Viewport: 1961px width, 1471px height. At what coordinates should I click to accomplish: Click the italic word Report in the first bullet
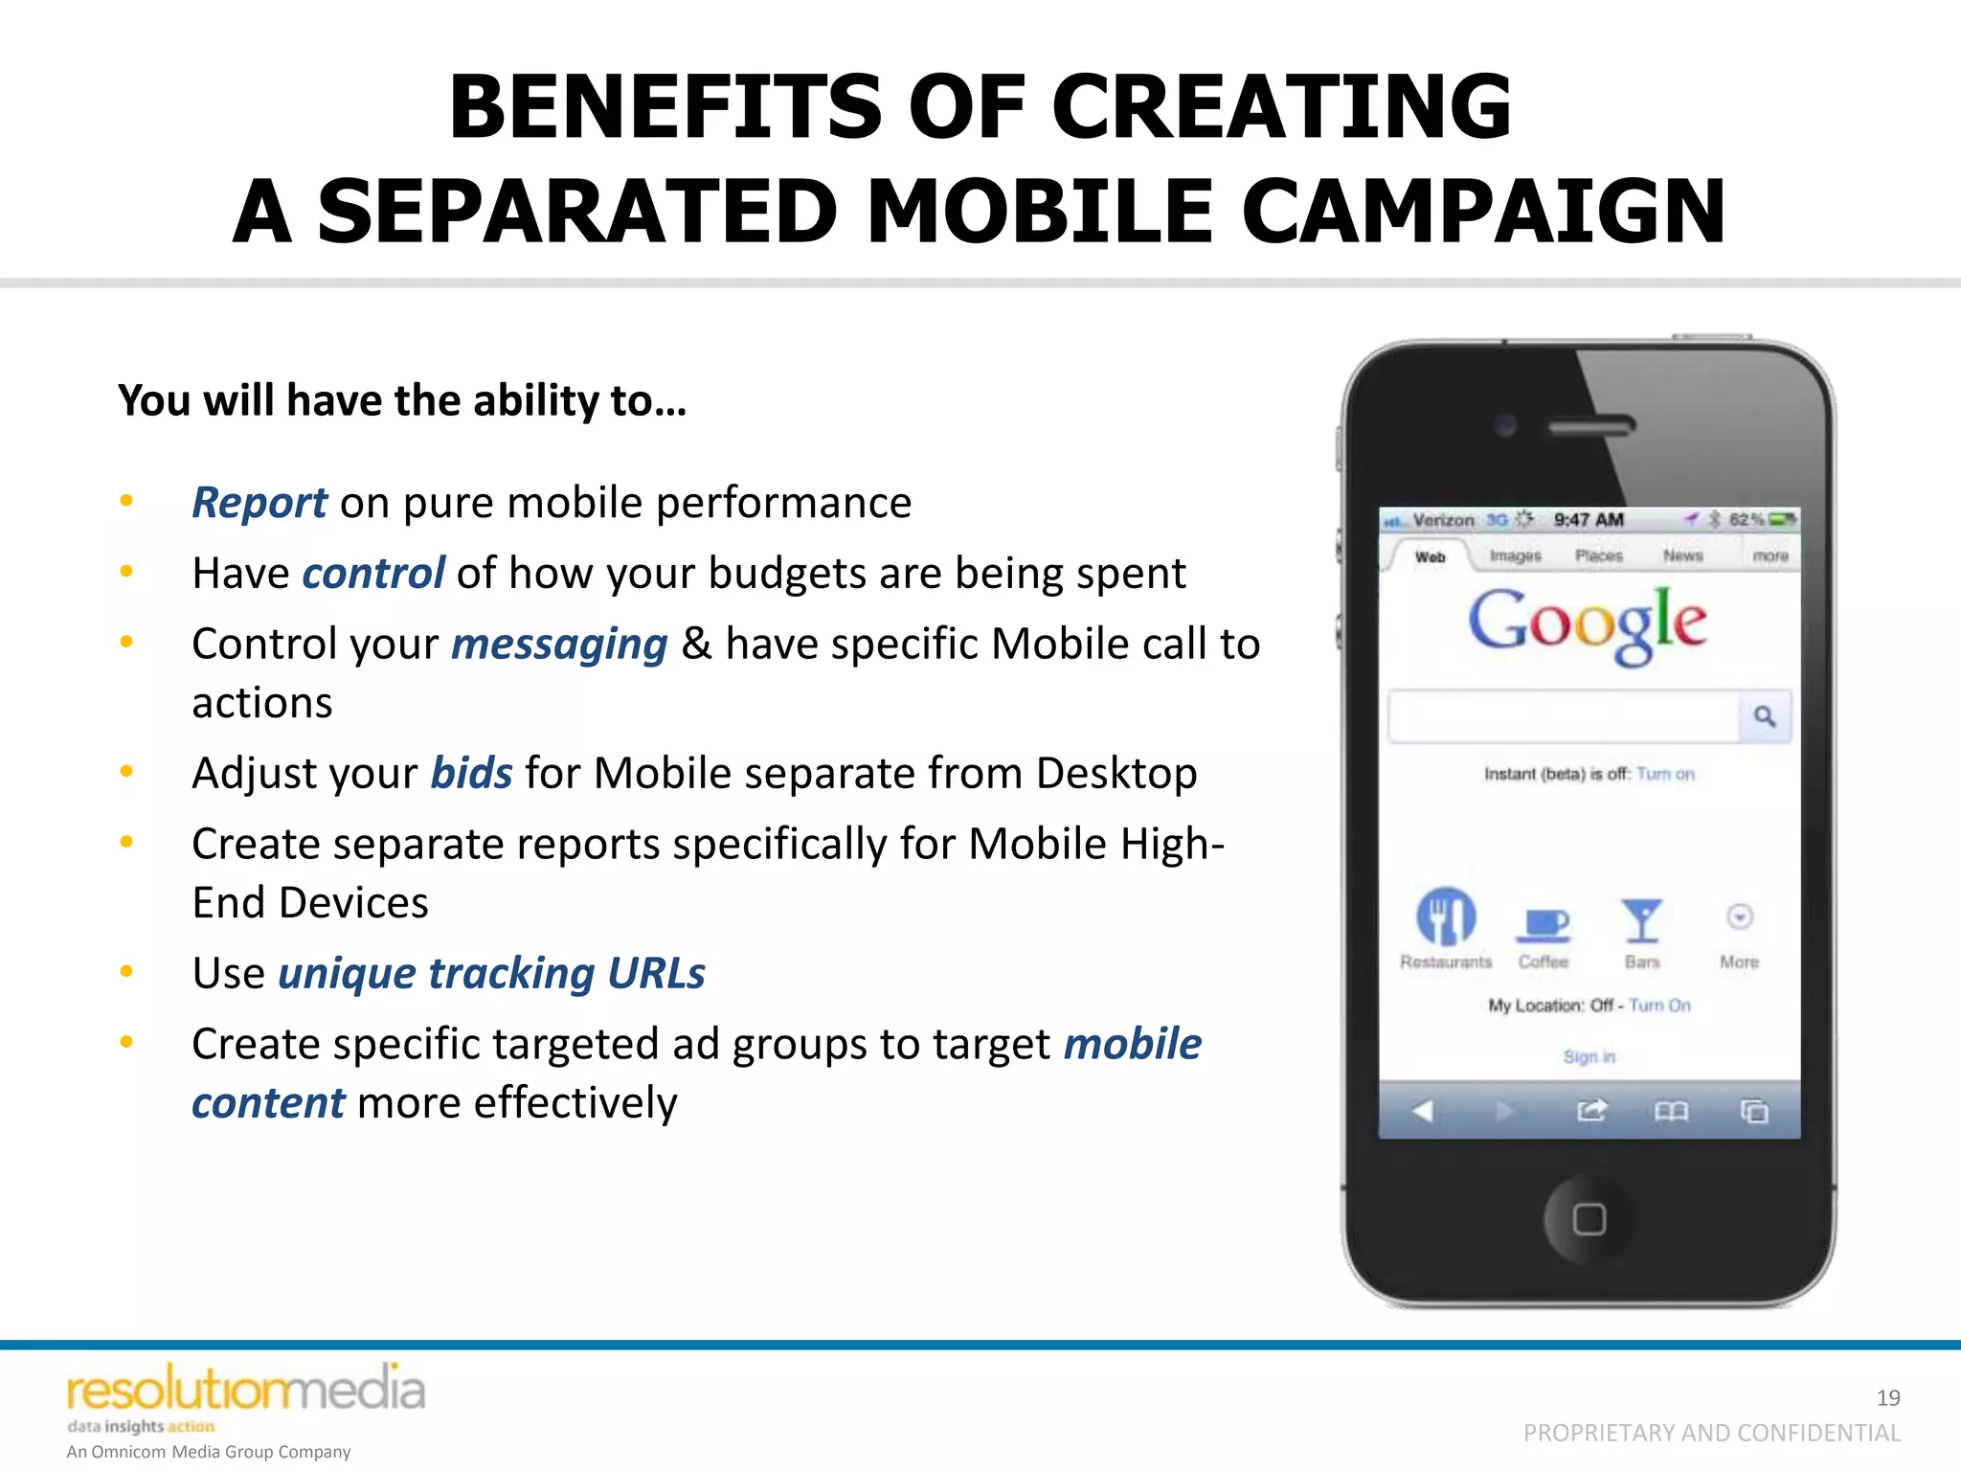tap(259, 503)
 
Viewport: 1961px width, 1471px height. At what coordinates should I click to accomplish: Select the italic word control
tap(373, 574)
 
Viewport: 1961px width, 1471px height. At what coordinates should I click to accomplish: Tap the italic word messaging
tap(559, 645)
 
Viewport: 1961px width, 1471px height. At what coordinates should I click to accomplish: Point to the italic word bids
tap(471, 773)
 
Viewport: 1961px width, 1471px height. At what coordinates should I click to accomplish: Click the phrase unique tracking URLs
tap(491, 973)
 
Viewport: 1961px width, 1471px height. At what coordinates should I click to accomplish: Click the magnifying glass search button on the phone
tap(1765, 716)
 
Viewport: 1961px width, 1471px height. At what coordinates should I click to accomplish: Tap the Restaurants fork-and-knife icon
tap(1446, 917)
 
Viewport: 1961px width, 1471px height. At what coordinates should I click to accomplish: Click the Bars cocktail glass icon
tap(1641, 920)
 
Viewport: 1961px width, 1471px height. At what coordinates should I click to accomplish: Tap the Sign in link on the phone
tap(1589, 1056)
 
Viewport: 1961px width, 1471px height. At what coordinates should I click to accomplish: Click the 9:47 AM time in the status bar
tap(1589, 520)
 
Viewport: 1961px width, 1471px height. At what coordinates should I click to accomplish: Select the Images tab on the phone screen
tap(1515, 555)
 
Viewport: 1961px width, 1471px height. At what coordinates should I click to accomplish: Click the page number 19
tap(1888, 1398)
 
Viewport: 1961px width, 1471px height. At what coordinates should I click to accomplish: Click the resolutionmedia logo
tap(245, 1391)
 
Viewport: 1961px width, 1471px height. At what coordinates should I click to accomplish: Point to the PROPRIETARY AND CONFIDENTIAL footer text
tap(1711, 1433)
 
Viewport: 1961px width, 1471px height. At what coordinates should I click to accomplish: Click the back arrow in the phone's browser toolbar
tap(1423, 1111)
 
